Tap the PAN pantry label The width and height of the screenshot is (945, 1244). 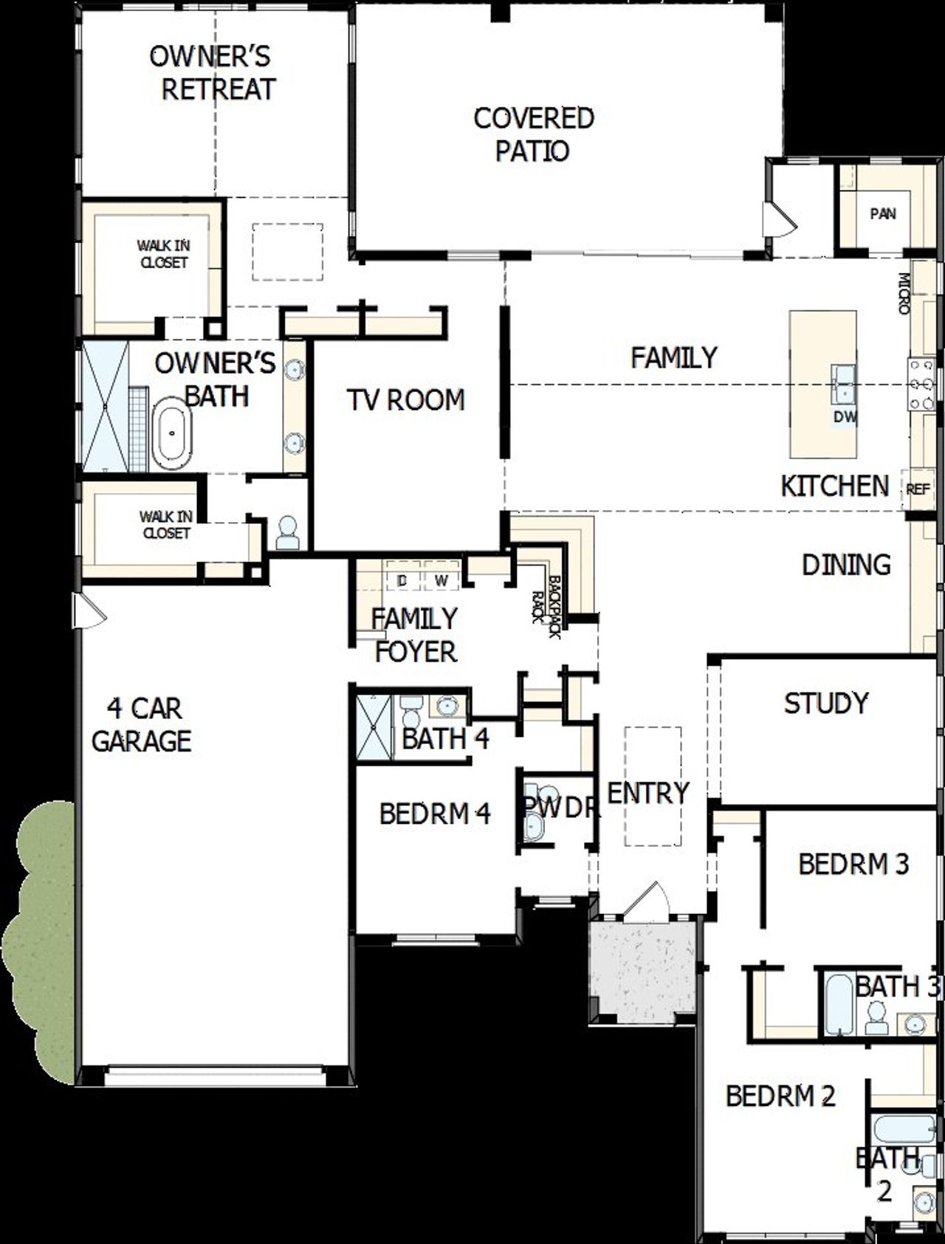point(883,214)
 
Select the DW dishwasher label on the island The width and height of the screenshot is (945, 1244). point(845,417)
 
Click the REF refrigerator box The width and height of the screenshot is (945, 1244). point(918,489)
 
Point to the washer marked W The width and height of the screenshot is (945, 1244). point(441,580)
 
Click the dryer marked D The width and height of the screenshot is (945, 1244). point(402,580)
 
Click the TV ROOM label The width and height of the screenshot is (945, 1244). point(405,399)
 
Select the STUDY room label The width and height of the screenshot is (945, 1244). point(825,703)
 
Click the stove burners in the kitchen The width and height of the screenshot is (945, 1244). point(921,383)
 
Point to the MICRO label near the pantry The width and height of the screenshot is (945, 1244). point(903,294)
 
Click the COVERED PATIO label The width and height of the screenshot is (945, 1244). point(533,134)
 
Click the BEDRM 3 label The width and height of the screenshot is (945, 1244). point(853,863)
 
